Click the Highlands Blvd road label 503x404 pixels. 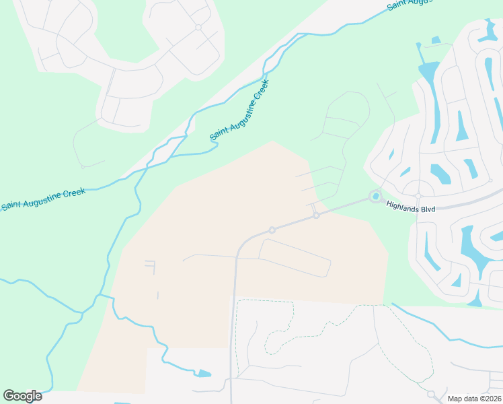[x=411, y=209]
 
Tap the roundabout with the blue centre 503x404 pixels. [x=375, y=197]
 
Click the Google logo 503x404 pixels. [x=22, y=396]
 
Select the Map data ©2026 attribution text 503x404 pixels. [x=474, y=399]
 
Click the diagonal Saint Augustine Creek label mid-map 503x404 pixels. [x=239, y=110]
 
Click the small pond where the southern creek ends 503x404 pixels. [x=202, y=373]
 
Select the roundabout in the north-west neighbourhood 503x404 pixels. [x=198, y=28]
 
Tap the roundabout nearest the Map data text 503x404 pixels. [x=431, y=394]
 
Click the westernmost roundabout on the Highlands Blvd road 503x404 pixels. [x=272, y=230]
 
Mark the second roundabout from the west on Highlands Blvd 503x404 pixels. [x=316, y=215]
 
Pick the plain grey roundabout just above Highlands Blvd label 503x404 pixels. [x=418, y=196]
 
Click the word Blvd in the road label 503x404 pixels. [x=427, y=209]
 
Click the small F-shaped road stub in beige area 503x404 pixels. [x=150, y=266]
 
